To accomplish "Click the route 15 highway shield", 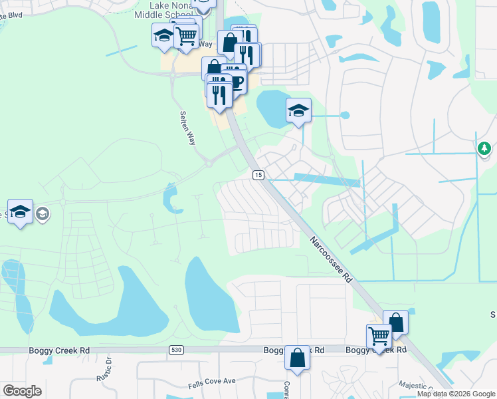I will [258, 175].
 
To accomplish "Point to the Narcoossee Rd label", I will [330, 259].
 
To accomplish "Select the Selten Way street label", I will [188, 127].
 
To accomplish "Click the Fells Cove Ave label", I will [211, 381].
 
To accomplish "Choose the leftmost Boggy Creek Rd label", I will [59, 350].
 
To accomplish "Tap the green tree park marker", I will [485, 148].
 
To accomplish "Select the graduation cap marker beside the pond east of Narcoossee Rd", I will [298, 110].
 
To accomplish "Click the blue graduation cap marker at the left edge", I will [21, 211].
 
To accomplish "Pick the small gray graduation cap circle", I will [43, 213].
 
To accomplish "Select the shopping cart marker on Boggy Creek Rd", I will [379, 336].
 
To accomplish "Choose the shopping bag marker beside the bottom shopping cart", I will [396, 323].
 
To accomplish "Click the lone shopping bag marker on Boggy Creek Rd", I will [297, 358].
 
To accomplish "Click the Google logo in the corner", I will [22, 391].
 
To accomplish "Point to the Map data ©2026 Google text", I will [456, 394].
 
